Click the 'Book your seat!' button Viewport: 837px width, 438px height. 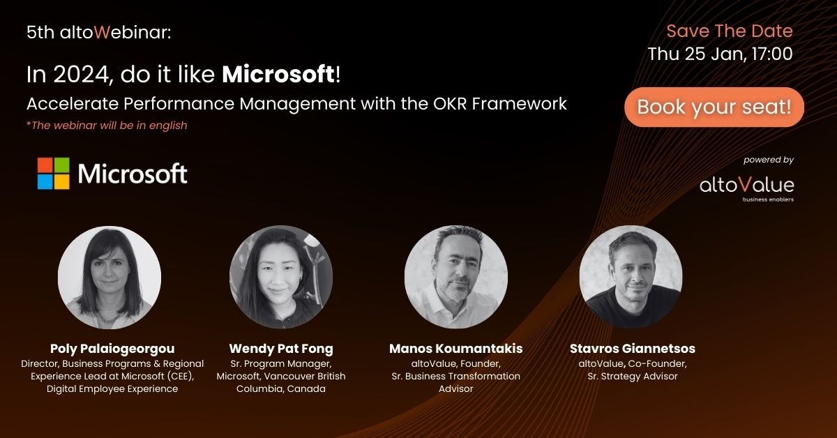point(714,107)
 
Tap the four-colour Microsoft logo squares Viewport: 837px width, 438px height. point(54,174)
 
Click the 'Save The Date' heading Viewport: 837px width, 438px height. point(730,31)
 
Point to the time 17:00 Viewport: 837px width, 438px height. point(772,54)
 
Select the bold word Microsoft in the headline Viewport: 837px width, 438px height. point(278,74)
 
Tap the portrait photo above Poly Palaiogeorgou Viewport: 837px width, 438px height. point(110,278)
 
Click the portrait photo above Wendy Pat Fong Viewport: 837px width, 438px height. point(281,277)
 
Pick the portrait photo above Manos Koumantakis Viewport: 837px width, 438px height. point(456,277)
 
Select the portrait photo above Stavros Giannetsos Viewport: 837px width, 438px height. point(631,277)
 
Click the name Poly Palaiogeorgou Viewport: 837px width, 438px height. point(112,349)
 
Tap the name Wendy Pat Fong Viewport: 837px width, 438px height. point(281,349)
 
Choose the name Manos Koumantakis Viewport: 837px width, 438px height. point(456,349)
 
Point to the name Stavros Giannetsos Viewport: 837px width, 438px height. point(632,349)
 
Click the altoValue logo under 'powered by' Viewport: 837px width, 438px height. point(746,188)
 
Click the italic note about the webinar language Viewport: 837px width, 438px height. point(107,126)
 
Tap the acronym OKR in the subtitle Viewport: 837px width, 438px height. point(450,104)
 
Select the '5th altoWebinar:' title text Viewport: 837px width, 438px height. point(98,32)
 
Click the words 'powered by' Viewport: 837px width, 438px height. point(768,160)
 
